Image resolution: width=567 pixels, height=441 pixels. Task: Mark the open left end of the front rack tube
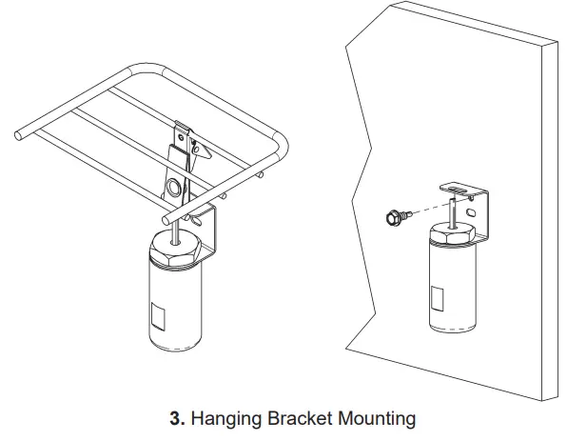click(16, 136)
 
